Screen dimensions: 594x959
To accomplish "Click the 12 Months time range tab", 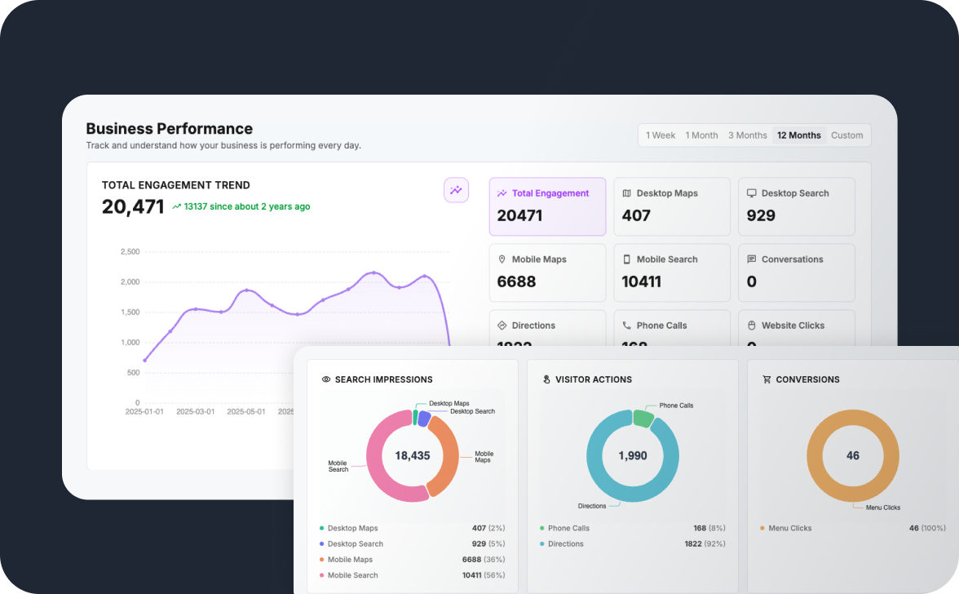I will pos(798,135).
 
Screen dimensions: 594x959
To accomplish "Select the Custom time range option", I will pos(846,135).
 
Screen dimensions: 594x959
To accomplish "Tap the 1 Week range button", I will pos(661,135).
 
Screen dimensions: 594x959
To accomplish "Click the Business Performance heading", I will pos(169,128).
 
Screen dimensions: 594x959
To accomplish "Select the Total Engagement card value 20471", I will pos(519,215).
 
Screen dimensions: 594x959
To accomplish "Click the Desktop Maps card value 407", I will pos(636,215).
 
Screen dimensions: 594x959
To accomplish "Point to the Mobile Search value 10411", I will pos(641,281).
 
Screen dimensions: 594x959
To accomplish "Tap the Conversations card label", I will pos(792,259).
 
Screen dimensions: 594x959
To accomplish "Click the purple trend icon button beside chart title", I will pos(456,190).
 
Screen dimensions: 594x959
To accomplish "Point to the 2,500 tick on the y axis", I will pos(130,252).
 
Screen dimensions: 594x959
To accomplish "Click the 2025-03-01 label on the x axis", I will pos(195,411).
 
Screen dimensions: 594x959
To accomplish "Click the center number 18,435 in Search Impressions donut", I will pos(412,455).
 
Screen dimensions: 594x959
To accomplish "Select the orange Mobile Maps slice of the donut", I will pos(445,457).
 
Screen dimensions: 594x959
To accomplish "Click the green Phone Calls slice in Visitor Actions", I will pos(643,418).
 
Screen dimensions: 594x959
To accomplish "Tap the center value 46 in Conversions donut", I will pos(852,455).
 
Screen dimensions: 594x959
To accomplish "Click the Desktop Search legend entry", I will pos(355,543).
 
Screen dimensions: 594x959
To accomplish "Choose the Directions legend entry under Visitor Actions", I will pos(565,543).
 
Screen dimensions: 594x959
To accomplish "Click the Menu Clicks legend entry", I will pos(789,528).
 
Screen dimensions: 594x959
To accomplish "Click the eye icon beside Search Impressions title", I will pos(326,379).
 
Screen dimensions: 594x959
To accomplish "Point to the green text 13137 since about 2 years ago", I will pos(246,206).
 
